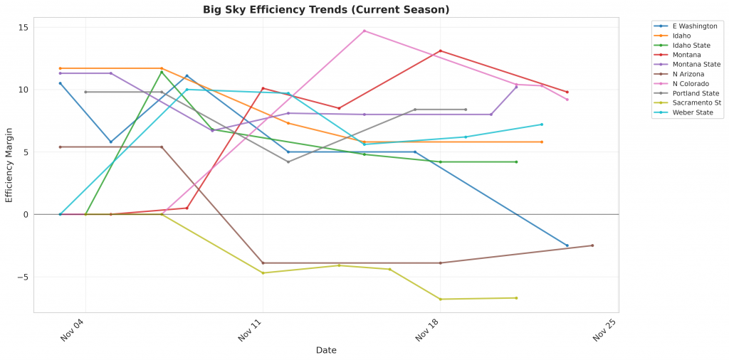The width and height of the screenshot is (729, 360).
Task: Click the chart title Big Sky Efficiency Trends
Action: pyautogui.click(x=326, y=10)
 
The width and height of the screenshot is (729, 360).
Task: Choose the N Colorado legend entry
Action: pyautogui.click(x=690, y=84)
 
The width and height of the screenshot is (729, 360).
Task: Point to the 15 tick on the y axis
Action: pyautogui.click(x=23, y=28)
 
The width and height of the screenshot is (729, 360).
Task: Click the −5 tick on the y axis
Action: pyautogui.click(x=21, y=277)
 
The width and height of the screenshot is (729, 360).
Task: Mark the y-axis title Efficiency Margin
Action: pyautogui.click(x=9, y=165)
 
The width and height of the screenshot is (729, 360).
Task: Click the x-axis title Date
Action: pyautogui.click(x=326, y=351)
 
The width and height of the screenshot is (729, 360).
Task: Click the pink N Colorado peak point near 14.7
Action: pyautogui.click(x=364, y=31)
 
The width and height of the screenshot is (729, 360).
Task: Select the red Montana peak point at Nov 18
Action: pyautogui.click(x=441, y=51)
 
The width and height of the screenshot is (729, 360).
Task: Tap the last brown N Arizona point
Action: pyautogui.click(x=592, y=245)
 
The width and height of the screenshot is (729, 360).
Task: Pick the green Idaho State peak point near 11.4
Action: pyautogui.click(x=162, y=72)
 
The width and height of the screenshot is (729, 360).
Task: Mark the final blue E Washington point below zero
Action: pyautogui.click(x=567, y=245)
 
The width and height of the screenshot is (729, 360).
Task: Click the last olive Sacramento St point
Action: pyautogui.click(x=516, y=298)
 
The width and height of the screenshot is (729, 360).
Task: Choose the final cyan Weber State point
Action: pyautogui.click(x=542, y=125)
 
